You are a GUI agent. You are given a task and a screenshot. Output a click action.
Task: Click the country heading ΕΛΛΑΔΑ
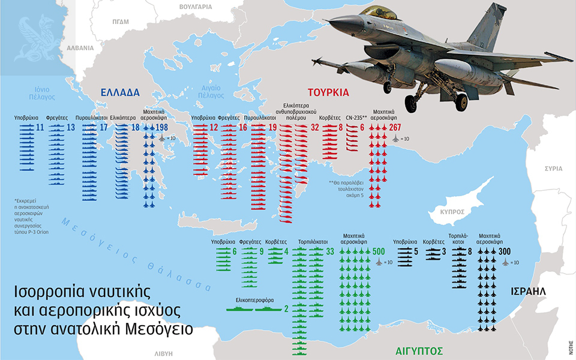click(120, 92)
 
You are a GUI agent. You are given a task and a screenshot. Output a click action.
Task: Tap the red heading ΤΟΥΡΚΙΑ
click(328, 92)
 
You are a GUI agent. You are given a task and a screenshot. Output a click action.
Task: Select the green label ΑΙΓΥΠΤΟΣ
click(419, 350)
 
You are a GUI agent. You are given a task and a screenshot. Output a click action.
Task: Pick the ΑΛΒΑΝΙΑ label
click(80, 47)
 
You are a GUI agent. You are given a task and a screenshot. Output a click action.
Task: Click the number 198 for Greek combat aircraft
click(162, 128)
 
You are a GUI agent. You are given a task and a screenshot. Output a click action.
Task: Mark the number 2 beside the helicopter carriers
click(286, 308)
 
